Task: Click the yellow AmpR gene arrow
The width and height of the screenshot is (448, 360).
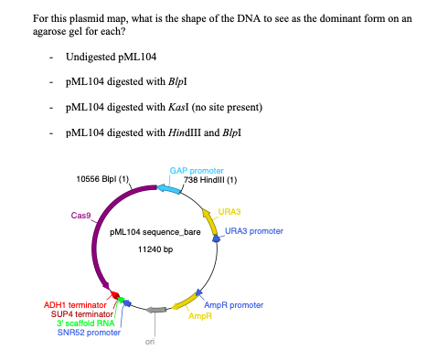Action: click(187, 305)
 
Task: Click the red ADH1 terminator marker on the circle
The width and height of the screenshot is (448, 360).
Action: click(114, 295)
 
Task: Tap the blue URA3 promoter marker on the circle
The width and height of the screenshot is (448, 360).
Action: click(217, 239)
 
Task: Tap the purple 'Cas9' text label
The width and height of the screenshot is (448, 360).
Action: click(80, 216)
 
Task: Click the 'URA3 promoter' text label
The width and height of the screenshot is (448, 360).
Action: click(254, 231)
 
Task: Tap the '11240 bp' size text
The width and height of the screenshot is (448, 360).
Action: click(155, 249)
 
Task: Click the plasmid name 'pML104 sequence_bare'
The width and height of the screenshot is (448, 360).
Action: click(155, 232)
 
